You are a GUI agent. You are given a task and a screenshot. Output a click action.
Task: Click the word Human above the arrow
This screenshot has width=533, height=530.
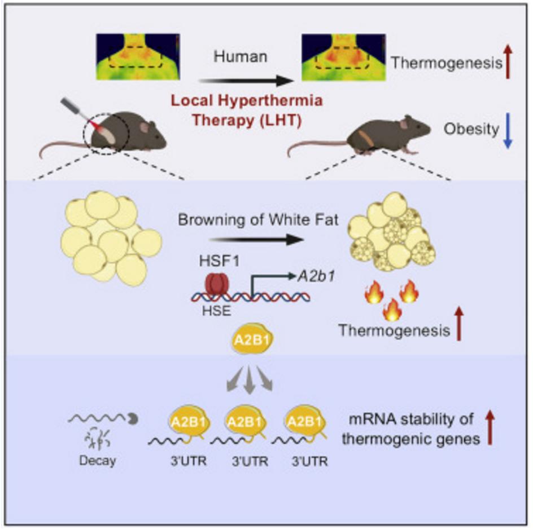coord(241,58)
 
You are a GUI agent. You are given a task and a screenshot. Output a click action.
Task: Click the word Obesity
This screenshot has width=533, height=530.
coord(471,129)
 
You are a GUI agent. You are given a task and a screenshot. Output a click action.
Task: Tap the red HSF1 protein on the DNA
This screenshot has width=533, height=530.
coord(216,285)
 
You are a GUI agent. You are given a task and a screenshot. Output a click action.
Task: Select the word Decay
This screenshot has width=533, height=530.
coord(97,460)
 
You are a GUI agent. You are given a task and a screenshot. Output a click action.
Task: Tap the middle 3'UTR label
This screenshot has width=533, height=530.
coord(248,460)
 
